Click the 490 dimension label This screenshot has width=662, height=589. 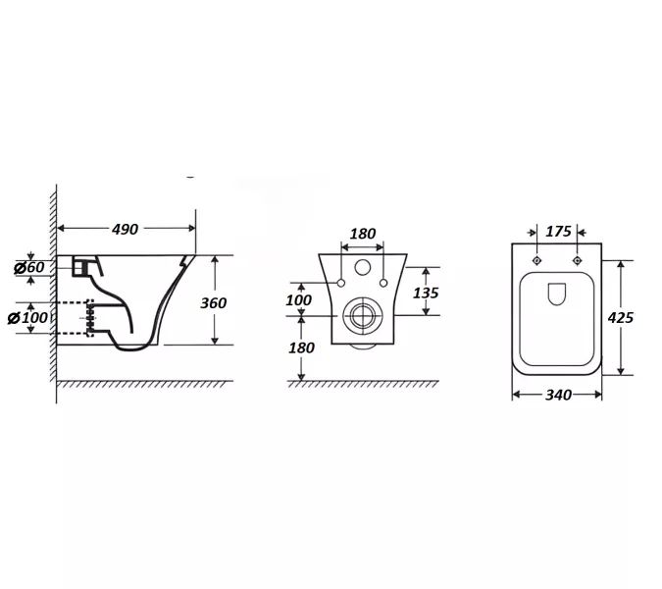(125, 229)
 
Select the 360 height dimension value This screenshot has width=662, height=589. (213, 303)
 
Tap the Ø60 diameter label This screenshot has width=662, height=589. (29, 267)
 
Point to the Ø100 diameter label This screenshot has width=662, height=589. (27, 317)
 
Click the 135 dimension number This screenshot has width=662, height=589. (426, 293)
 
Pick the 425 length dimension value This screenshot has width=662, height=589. (620, 317)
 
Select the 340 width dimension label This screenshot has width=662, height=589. (558, 395)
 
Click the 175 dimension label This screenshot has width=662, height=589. (558, 232)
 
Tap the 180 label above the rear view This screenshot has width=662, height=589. (363, 234)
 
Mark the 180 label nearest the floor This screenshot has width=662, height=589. (301, 348)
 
